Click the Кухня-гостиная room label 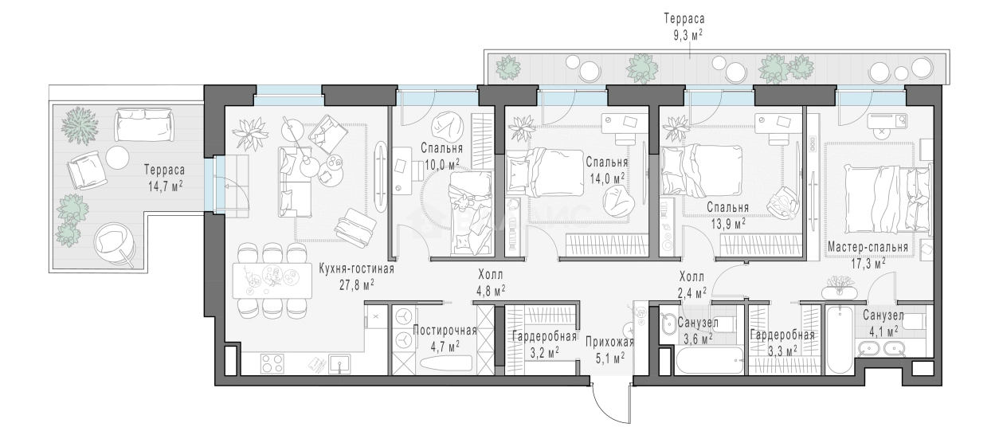tap(356, 269)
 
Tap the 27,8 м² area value tap(356, 284)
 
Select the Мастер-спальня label tap(868, 247)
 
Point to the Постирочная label tap(445, 331)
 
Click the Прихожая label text tap(609, 343)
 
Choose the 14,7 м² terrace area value tap(165, 186)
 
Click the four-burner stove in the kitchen tap(272, 363)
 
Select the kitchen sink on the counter tap(340, 363)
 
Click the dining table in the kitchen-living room tap(272, 280)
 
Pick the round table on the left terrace tap(118, 158)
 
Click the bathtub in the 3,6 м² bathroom tap(710, 360)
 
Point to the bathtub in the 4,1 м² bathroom tap(840, 340)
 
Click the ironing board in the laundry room tap(445, 362)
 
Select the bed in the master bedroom tap(887, 200)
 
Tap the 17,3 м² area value tap(868, 264)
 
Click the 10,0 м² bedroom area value tap(442, 165)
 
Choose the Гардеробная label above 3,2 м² tap(544, 336)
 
